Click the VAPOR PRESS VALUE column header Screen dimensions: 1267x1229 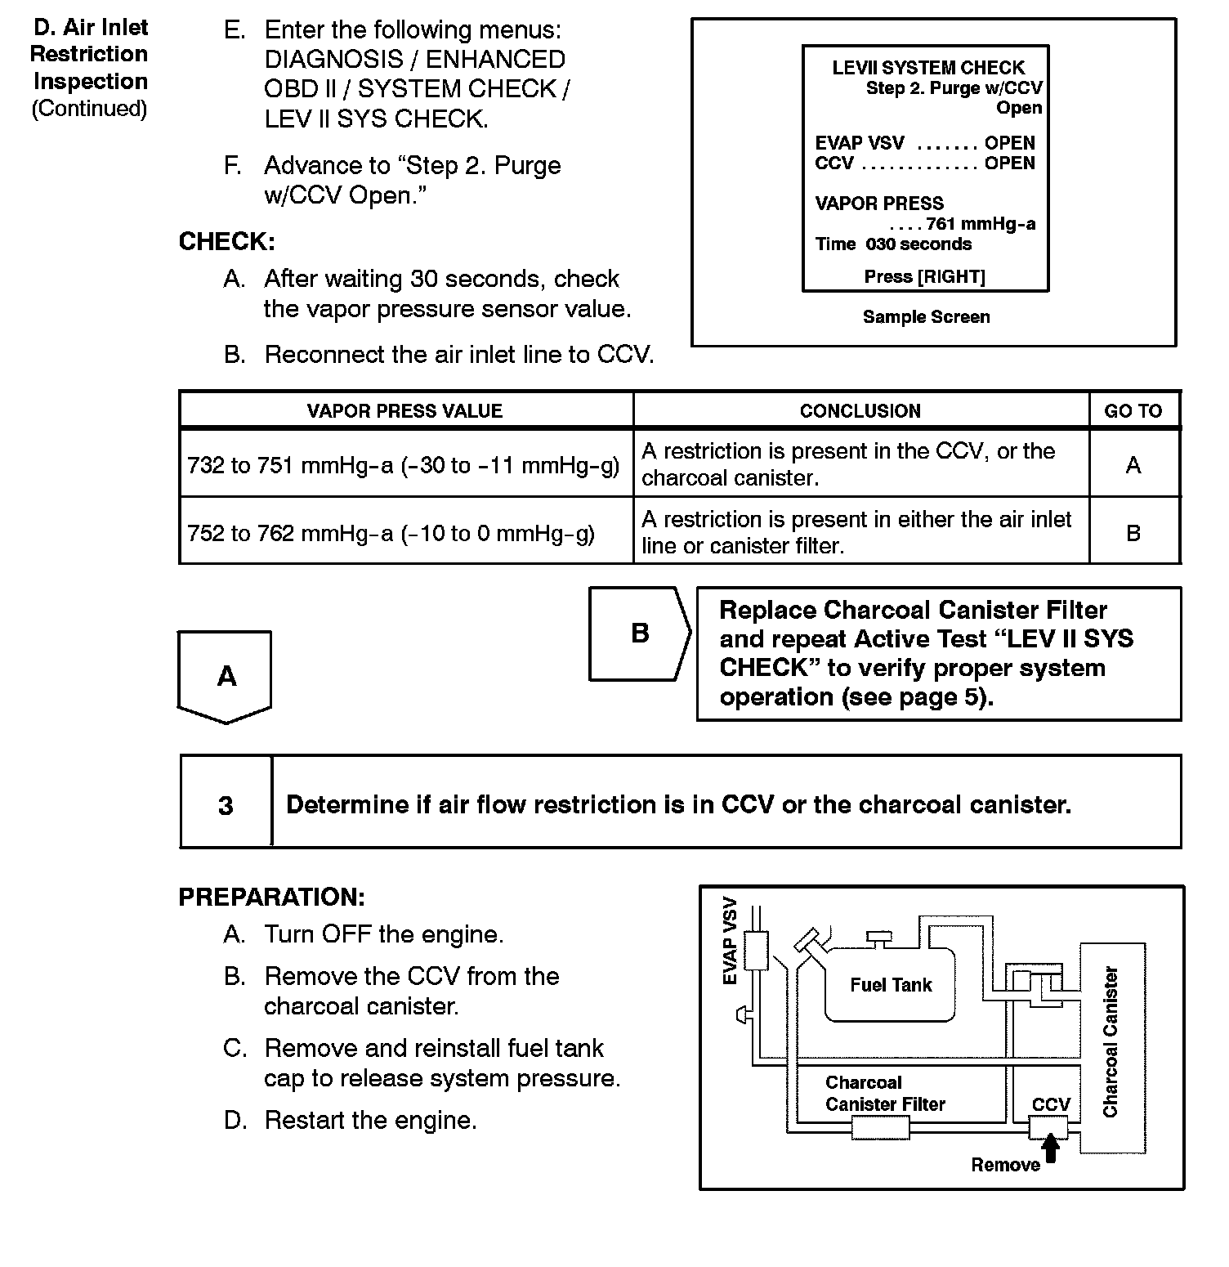coord(404,411)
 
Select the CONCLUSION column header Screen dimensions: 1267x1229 coord(860,411)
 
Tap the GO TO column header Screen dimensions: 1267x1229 coord(1133,411)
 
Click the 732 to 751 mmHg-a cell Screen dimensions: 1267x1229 coord(404,465)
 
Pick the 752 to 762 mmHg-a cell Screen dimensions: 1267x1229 coord(391,534)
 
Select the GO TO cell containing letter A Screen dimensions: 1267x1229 coord(1133,465)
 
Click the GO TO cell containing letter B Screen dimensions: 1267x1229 coord(1133,533)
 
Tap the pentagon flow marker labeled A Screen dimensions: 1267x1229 coord(226,676)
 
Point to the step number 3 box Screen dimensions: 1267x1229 coord(226,805)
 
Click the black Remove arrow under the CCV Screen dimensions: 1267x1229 coord(1051,1148)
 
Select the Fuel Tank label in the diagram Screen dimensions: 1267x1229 coord(891,985)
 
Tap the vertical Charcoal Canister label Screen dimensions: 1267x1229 coord(1111,1042)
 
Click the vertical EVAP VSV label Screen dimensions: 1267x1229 coord(731,941)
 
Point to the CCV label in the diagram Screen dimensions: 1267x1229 coord(1051,1104)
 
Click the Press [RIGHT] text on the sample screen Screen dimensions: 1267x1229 coord(925,276)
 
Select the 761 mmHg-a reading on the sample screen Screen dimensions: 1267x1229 coord(981,224)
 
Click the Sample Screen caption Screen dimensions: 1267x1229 coord(926,317)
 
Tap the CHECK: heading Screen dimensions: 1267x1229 coord(226,242)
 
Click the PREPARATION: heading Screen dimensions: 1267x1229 coord(271,897)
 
